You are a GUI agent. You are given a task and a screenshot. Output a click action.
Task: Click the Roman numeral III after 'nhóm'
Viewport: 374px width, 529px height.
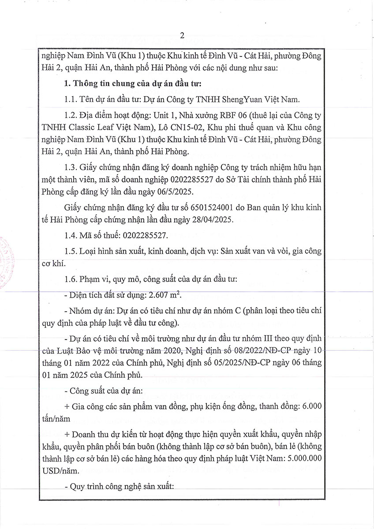(x=251, y=339)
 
